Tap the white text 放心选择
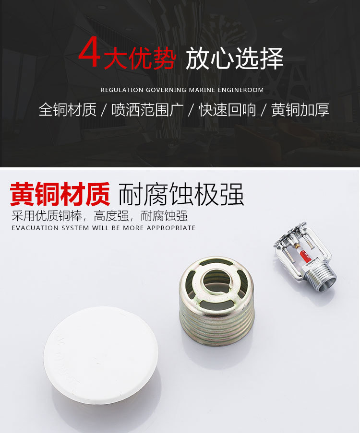tap(234, 59)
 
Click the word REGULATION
tap(122, 90)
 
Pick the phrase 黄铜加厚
tap(300, 110)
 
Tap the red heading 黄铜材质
tap(60, 194)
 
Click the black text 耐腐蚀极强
tap(181, 194)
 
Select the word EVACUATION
tap(35, 228)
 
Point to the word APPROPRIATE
tap(171, 228)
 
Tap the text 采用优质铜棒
tap(48, 216)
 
